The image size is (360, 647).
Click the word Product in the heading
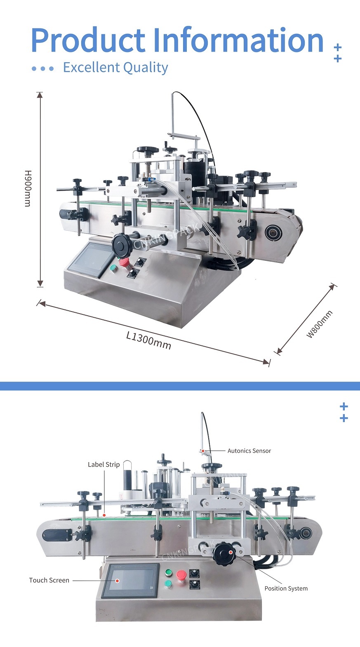tap(88, 40)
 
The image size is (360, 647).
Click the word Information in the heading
tap(238, 40)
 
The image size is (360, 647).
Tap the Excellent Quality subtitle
tap(115, 68)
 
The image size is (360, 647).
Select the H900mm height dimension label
tap(28, 188)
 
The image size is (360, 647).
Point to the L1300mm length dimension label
tap(149, 340)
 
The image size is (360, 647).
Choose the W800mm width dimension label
tap(319, 324)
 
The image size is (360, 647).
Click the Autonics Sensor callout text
tap(249, 451)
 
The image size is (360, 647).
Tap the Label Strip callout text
tap(104, 465)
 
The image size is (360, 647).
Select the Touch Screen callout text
tap(49, 580)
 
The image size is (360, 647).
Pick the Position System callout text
tap(286, 588)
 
